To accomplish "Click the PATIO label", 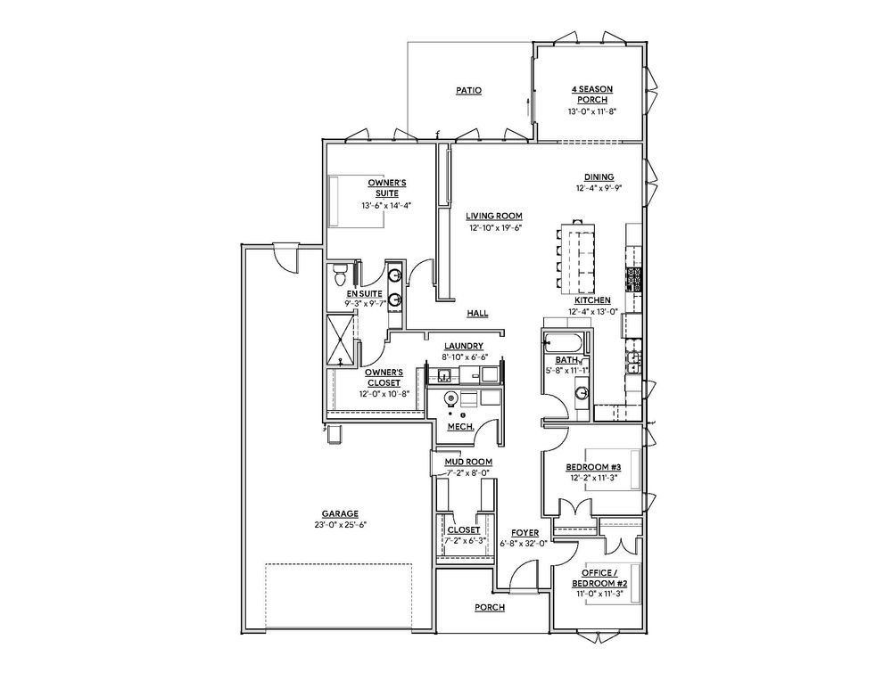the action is point(468,91).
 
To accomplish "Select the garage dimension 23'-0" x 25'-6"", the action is point(341,525).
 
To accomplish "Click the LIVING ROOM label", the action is point(493,216).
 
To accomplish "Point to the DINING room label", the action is point(599,176).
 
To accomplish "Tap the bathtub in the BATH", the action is point(565,342).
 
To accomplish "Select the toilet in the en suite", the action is point(339,274).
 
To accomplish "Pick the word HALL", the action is point(477,314).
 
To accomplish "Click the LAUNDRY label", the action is point(464,346).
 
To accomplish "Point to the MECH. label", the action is point(460,426).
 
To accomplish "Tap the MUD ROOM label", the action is point(468,462).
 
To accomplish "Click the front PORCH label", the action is point(490,608).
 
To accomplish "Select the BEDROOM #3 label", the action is point(592,468).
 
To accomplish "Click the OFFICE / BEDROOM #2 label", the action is point(592,578).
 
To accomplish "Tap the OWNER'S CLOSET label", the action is point(384,377).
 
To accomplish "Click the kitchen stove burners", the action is point(635,279).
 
